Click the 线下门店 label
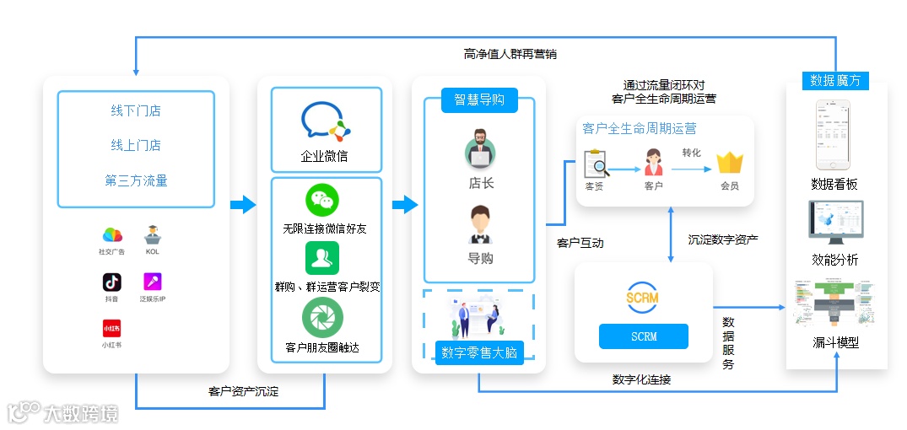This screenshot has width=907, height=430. (136, 110)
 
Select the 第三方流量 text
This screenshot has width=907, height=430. (136, 180)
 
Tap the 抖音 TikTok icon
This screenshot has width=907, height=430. (111, 282)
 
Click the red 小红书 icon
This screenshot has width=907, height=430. (111, 328)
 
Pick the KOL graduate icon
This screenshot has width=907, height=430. (152, 234)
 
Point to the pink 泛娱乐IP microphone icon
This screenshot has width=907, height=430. (152, 282)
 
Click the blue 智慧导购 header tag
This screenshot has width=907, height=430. (479, 99)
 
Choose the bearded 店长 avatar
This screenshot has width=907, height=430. (480, 148)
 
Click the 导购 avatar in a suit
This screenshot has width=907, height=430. (480, 224)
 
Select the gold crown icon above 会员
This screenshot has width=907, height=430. (729, 162)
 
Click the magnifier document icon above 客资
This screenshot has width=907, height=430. (596, 162)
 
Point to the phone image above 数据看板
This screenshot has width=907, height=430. (833, 135)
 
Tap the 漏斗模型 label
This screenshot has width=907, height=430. (835, 343)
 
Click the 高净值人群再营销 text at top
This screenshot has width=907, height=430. (510, 54)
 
